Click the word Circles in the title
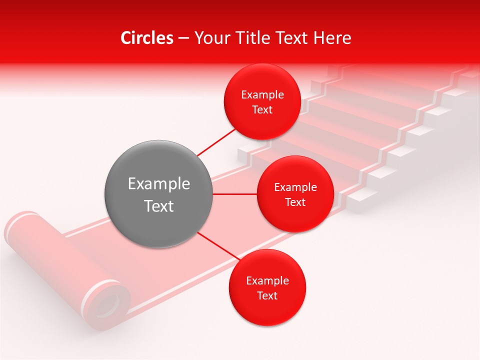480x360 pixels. point(146,38)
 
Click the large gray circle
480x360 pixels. point(158,194)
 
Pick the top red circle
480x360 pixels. point(262,101)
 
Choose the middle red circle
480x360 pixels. point(295,194)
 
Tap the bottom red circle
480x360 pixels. point(267,287)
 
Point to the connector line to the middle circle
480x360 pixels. point(235,194)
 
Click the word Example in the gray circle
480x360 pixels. point(158,184)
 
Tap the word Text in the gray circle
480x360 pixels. point(158,206)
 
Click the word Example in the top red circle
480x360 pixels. point(262,94)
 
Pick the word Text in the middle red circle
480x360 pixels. point(295,202)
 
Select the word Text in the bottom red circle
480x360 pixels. point(267,295)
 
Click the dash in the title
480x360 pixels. point(183,38)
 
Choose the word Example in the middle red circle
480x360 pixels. point(295,187)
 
